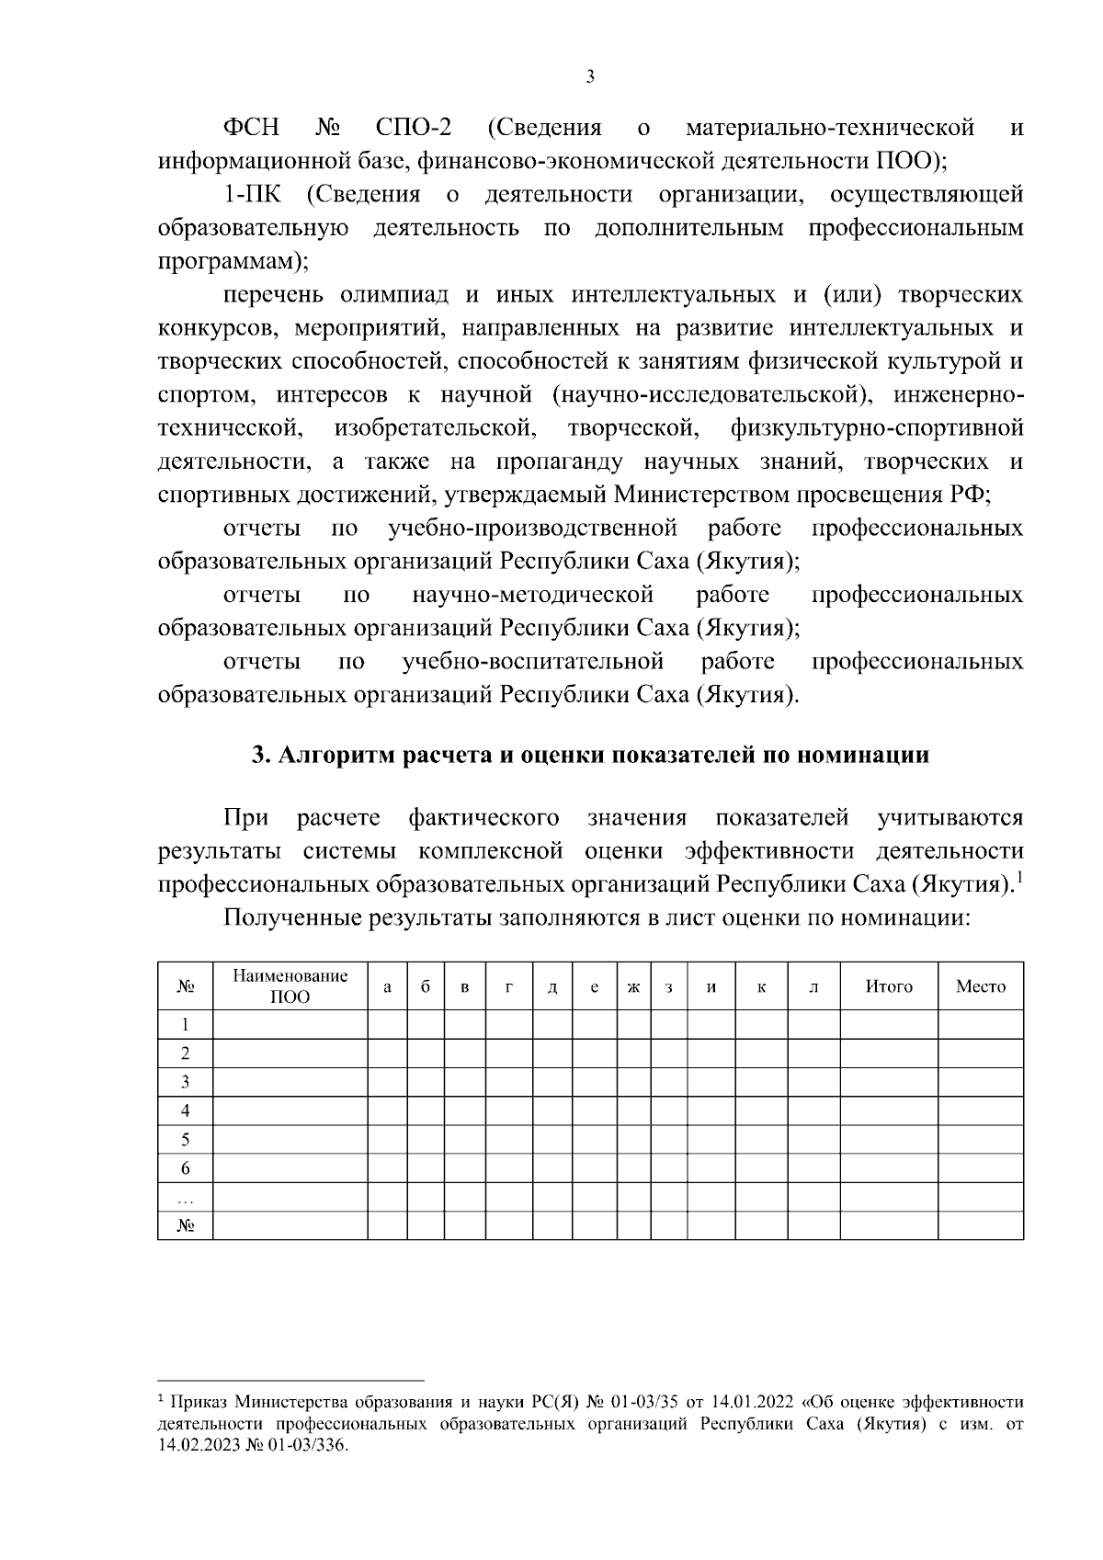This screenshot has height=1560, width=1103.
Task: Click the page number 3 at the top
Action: click(x=590, y=77)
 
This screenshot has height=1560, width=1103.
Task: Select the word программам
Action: click(x=228, y=262)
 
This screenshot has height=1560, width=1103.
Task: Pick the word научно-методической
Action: click(x=533, y=595)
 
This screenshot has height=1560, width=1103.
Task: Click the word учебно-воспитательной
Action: click(x=533, y=662)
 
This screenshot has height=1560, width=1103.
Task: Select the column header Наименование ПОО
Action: click(x=290, y=986)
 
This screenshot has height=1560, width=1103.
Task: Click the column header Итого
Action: click(x=889, y=986)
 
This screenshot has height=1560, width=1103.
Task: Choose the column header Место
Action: click(x=981, y=986)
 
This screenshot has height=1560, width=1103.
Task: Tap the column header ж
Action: click(x=633, y=987)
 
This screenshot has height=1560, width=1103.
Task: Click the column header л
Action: click(x=813, y=987)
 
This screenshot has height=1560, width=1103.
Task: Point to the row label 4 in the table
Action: click(x=185, y=1110)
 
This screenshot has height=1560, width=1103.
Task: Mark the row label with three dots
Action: click(x=185, y=1198)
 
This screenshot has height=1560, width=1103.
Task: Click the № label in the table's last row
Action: click(x=185, y=1226)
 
